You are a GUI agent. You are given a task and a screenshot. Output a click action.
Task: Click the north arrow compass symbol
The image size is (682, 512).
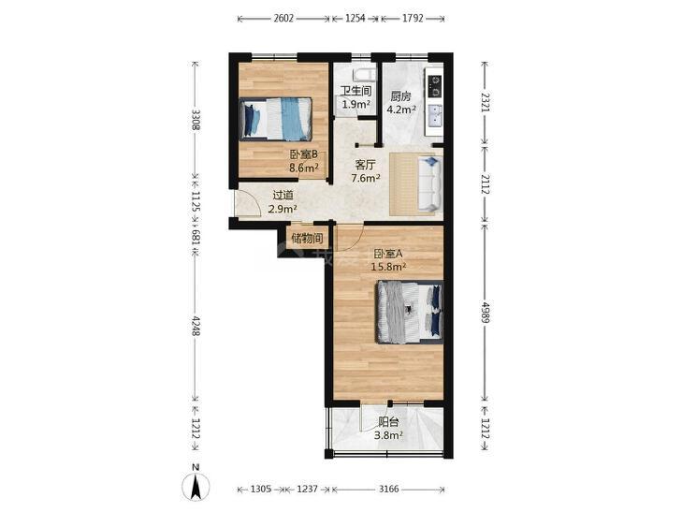pyautogui.click(x=196, y=485)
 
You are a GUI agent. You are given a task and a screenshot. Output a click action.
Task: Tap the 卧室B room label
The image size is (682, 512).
pyautogui.click(x=304, y=154)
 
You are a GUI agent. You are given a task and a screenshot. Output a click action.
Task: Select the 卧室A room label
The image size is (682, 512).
pyautogui.click(x=388, y=254)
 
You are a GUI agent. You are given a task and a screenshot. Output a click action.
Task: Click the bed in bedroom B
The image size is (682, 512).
pyautogui.click(x=275, y=119)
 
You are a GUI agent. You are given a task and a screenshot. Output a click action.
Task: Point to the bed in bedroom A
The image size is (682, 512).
pyautogui.click(x=410, y=313)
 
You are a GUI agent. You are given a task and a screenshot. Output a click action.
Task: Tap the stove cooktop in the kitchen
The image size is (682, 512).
pyautogui.click(x=434, y=86)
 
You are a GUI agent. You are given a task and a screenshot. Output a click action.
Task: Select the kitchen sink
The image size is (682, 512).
pyautogui.click(x=435, y=116)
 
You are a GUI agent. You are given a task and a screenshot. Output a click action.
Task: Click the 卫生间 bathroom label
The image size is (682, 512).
pyautogui.click(x=356, y=92)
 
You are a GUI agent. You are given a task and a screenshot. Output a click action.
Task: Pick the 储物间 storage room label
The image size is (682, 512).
pyautogui.click(x=308, y=238)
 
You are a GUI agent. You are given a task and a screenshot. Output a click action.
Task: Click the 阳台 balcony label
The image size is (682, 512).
pyautogui.click(x=388, y=421)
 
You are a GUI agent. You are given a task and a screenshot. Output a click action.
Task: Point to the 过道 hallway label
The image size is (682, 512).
pyautogui.click(x=283, y=196)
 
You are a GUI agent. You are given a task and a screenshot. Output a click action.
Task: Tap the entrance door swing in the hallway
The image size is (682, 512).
pyautogui.click(x=248, y=203)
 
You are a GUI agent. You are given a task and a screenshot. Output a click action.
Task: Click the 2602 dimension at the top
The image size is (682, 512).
pyautogui.click(x=284, y=19)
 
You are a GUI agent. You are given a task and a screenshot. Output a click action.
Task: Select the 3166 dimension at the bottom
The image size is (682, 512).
pyautogui.click(x=388, y=489)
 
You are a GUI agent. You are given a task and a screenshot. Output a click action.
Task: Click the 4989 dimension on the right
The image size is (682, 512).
pyautogui.click(x=486, y=313)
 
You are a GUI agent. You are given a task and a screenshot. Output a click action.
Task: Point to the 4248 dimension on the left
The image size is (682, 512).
pyautogui.click(x=196, y=326)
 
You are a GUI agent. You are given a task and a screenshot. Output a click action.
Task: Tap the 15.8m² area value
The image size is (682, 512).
pyautogui.click(x=388, y=266)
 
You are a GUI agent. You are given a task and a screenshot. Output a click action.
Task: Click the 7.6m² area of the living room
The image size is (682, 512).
pyautogui.click(x=366, y=178)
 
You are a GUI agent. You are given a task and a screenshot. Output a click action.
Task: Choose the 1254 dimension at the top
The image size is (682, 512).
pyautogui.click(x=356, y=19)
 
